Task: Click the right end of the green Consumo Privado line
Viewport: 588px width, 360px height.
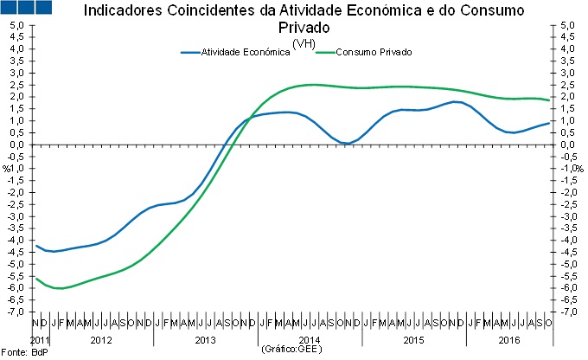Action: pos(549,100)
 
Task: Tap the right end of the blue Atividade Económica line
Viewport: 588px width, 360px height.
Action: pos(549,123)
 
